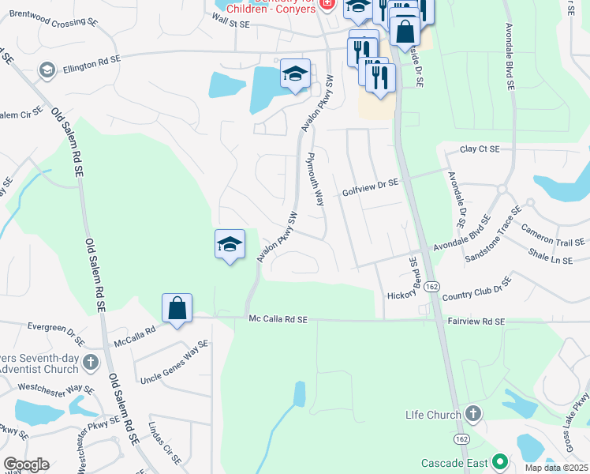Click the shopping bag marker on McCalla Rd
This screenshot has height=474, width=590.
pyautogui.click(x=177, y=308)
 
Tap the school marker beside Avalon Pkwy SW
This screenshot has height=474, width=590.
pyautogui.click(x=230, y=244)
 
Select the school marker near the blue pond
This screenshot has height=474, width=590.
pyautogui.click(x=295, y=74)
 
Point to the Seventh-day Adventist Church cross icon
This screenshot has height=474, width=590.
pyautogui.click(x=91, y=363)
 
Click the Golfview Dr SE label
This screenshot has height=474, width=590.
pyautogui.click(x=370, y=187)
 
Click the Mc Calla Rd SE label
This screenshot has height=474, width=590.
pyautogui.click(x=277, y=319)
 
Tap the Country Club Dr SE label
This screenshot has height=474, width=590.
pyautogui.click(x=476, y=288)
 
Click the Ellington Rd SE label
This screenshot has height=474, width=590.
pyautogui.click(x=93, y=59)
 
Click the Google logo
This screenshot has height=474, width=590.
pyautogui.click(x=26, y=465)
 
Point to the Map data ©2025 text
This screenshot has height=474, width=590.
pyautogui.click(x=557, y=468)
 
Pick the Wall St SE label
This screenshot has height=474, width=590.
pyautogui.click(x=225, y=24)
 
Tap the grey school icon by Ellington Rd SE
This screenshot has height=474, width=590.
pyautogui.click(x=47, y=71)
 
